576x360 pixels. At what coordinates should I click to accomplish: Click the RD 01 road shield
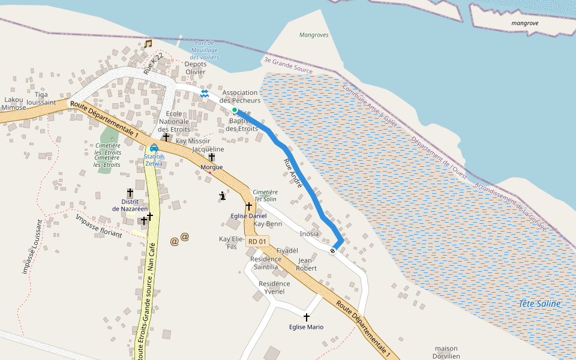[257, 241]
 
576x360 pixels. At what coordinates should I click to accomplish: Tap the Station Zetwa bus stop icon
[154, 148]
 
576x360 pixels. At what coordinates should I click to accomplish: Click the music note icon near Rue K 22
[148, 43]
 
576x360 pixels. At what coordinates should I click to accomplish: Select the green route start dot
[235, 110]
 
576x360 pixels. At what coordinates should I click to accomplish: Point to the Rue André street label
[293, 173]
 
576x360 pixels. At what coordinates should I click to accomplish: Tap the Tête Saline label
[540, 304]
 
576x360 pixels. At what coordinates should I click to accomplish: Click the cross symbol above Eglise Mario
[306, 317]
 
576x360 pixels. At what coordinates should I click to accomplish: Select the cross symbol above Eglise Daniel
[248, 206]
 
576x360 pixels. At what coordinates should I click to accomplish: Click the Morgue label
[212, 167]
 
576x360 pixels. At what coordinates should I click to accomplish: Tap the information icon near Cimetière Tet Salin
[223, 195]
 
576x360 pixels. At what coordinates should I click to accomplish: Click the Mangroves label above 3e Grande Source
[314, 35]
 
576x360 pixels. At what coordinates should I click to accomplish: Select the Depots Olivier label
[196, 68]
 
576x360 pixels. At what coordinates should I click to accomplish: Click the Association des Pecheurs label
[239, 97]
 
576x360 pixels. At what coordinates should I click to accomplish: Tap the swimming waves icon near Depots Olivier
[205, 94]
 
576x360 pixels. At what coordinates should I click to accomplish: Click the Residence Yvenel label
[274, 287]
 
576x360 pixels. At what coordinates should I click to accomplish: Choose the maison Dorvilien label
[446, 352]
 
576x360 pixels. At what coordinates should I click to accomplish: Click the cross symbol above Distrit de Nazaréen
[130, 192]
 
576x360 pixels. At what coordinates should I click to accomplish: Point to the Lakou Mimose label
[14, 103]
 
